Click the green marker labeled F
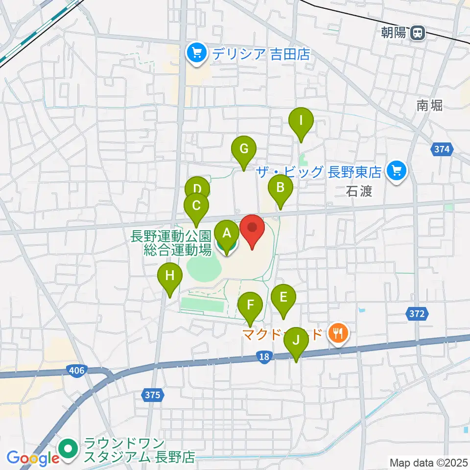(x=250, y=306)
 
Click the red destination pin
(x=252, y=229)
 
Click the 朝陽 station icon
(x=418, y=33)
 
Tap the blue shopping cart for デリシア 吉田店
(x=197, y=52)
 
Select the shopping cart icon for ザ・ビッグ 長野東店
(x=396, y=171)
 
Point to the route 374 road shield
(x=442, y=150)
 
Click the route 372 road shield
(x=417, y=314)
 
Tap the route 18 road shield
(x=264, y=358)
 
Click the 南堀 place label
(x=430, y=105)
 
